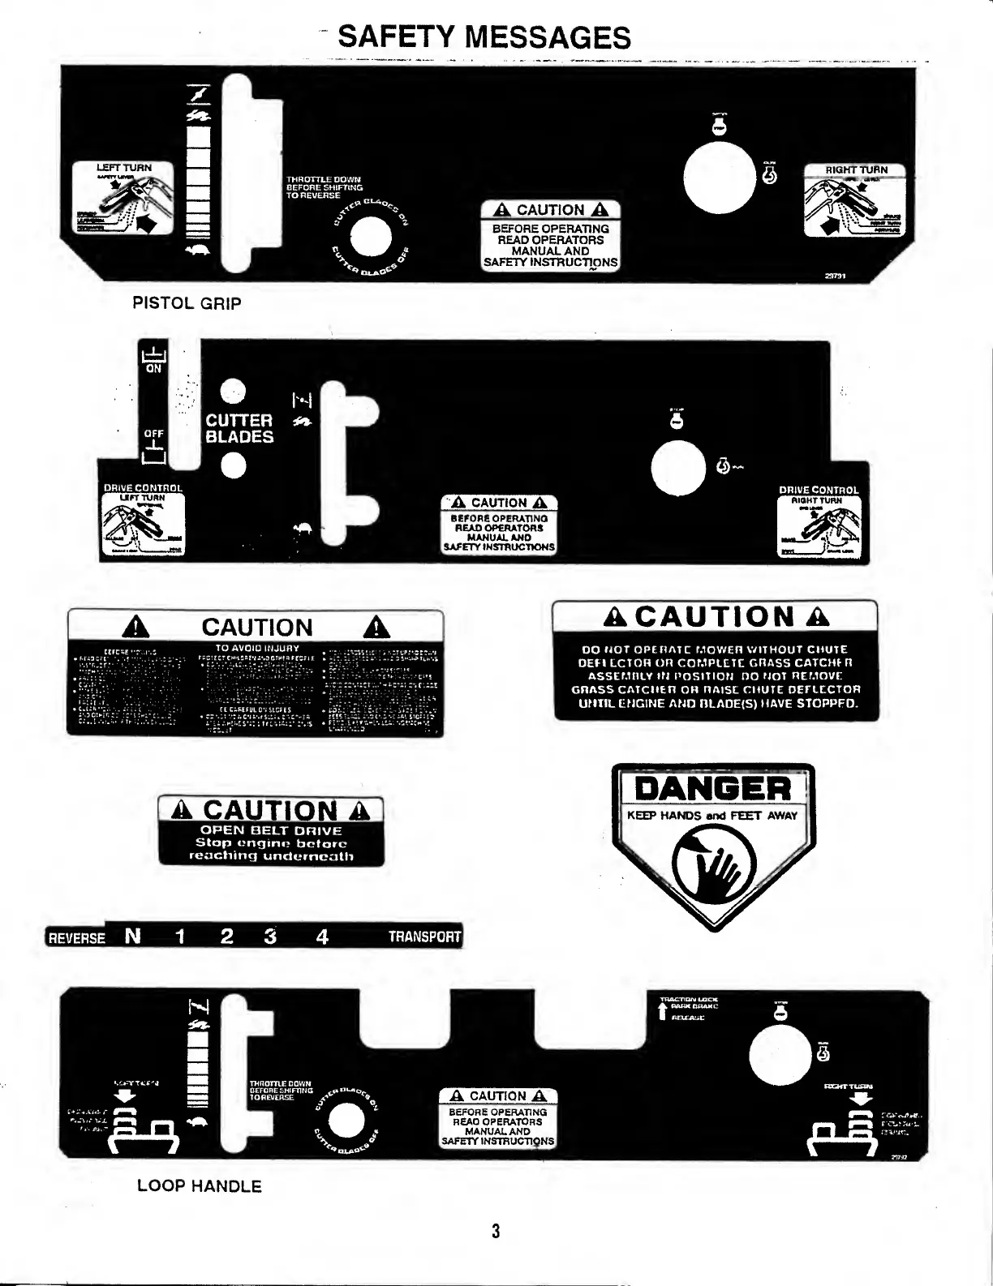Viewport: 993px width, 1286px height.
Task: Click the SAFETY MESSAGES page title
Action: tap(484, 37)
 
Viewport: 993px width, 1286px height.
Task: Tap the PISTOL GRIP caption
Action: tap(187, 304)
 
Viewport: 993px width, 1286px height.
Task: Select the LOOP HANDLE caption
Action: tap(199, 1186)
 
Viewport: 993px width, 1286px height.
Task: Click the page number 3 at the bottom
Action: tap(496, 1231)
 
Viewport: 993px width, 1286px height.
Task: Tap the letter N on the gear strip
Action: tap(133, 937)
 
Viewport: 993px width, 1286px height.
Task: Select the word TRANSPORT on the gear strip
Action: tap(424, 937)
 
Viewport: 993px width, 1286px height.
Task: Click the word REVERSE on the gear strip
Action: tap(76, 938)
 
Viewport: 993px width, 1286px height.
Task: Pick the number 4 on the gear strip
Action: tap(322, 937)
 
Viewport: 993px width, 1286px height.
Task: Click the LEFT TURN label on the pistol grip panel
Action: tap(124, 168)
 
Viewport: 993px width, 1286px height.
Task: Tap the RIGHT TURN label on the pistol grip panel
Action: tap(856, 170)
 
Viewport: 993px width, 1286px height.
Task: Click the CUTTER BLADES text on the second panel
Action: tap(239, 428)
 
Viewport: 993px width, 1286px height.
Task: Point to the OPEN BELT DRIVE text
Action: tap(271, 830)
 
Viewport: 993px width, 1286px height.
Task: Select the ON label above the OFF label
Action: tap(153, 368)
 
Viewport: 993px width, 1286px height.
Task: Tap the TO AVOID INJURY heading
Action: tap(257, 648)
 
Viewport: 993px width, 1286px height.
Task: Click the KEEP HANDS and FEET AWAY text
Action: tap(712, 816)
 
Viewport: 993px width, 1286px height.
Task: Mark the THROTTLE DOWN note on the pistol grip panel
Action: tap(324, 187)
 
